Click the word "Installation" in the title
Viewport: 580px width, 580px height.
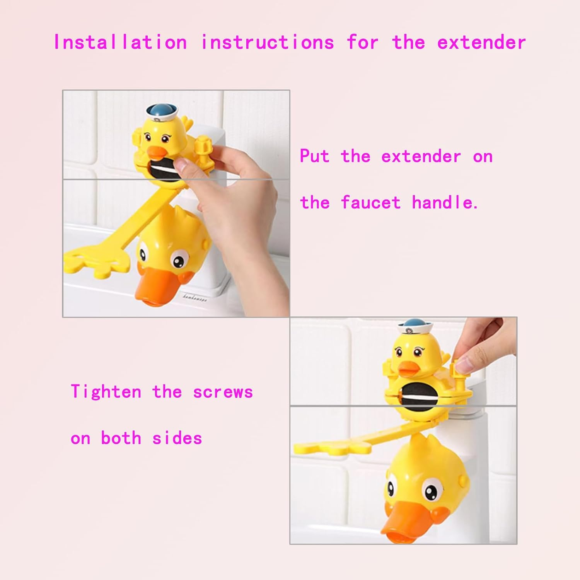click(x=120, y=42)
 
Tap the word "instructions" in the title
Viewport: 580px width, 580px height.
click(x=267, y=42)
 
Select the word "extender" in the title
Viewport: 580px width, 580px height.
click(x=481, y=42)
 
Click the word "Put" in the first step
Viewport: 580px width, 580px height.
click(x=314, y=156)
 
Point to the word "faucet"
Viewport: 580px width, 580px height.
click(x=370, y=202)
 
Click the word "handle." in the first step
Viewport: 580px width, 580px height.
click(x=445, y=202)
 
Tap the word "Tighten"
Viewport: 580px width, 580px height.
click(x=106, y=392)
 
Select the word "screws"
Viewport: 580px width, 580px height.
click(x=223, y=392)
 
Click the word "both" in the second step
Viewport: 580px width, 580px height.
click(x=121, y=438)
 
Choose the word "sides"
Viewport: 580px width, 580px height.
click(x=177, y=438)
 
